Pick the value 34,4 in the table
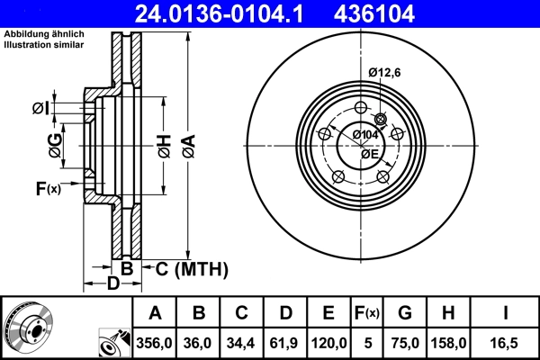pos(242,342)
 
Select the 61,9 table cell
pos(285,342)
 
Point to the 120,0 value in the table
pos(328,342)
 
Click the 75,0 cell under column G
pos(405,342)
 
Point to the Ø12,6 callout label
pos(385,74)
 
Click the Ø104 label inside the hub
pos(364,134)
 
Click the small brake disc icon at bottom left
pos(28,328)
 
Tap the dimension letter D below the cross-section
pos(113,285)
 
